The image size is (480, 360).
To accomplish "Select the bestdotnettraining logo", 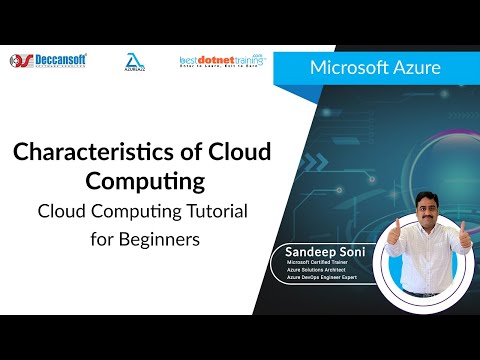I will [214, 61].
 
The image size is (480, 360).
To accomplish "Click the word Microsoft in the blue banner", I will [349, 68].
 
